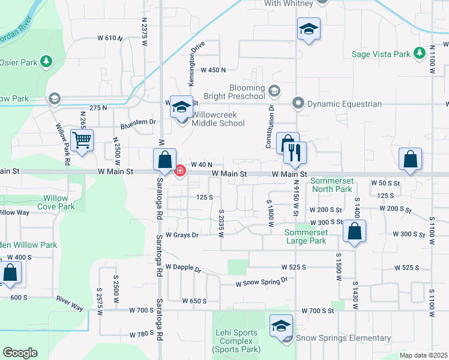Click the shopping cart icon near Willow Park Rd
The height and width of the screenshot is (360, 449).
[x=82, y=141]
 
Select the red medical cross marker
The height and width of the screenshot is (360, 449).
[x=179, y=172]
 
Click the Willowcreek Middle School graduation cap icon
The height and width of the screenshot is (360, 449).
[x=181, y=107]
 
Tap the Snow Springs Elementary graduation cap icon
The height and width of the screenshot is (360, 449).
[x=280, y=326]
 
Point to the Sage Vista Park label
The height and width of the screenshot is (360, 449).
[x=381, y=54]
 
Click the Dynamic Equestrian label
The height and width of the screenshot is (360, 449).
[x=345, y=104]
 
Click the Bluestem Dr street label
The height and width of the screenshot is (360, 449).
[x=138, y=123]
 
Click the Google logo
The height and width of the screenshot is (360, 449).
[x=20, y=353]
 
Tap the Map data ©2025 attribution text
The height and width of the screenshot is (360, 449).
[x=423, y=355]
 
